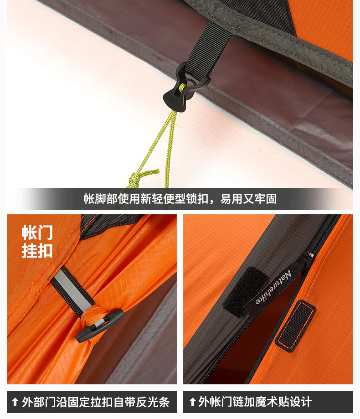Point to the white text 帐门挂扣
tap(37, 242)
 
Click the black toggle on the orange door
tap(100, 326)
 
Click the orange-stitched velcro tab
tap(295, 326)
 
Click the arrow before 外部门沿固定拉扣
tap(15, 402)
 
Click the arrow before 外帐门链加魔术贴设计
tap(192, 402)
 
